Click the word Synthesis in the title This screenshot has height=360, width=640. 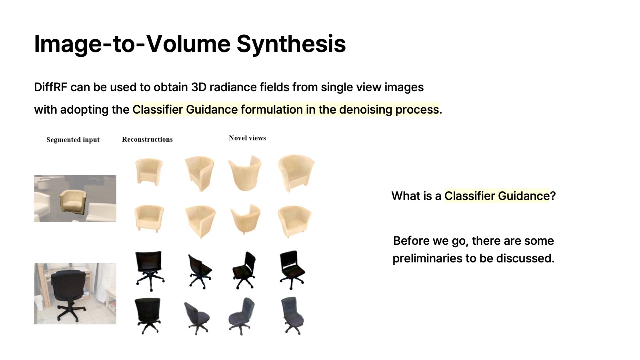[x=291, y=44]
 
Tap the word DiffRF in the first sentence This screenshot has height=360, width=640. [x=50, y=87]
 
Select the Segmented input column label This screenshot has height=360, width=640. [x=73, y=140]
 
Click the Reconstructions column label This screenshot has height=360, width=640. [x=148, y=140]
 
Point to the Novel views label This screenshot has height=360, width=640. [x=248, y=138]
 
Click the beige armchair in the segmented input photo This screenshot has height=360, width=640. [x=73, y=200]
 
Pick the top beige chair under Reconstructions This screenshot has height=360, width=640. [x=149, y=172]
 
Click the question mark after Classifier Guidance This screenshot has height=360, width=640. [x=553, y=196]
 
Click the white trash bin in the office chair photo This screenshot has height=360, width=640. [x=39, y=306]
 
